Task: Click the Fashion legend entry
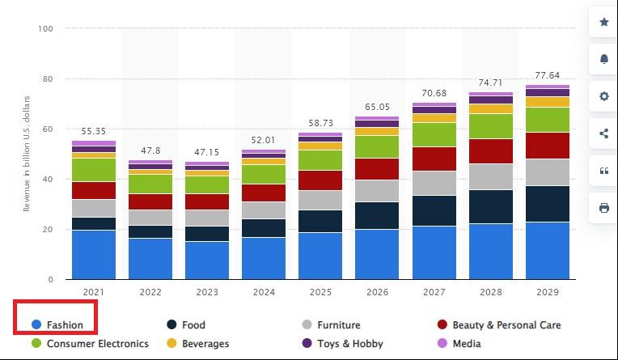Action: coord(64,325)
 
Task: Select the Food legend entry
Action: coord(193,325)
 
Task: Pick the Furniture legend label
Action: coord(338,325)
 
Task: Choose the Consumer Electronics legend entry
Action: coord(97,344)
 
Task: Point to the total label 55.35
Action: coord(94,130)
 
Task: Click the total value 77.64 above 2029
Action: coord(548,74)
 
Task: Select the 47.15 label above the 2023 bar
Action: coord(207,151)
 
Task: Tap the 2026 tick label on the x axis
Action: coord(377,291)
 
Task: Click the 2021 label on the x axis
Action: coord(94,291)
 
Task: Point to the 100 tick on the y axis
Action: coord(45,29)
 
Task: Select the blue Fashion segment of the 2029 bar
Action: coord(548,251)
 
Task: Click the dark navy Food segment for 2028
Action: coord(491,206)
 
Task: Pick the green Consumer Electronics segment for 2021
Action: coord(94,169)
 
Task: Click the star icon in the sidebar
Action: coord(603,23)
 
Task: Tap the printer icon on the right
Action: coord(603,208)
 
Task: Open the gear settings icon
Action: coord(603,97)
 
